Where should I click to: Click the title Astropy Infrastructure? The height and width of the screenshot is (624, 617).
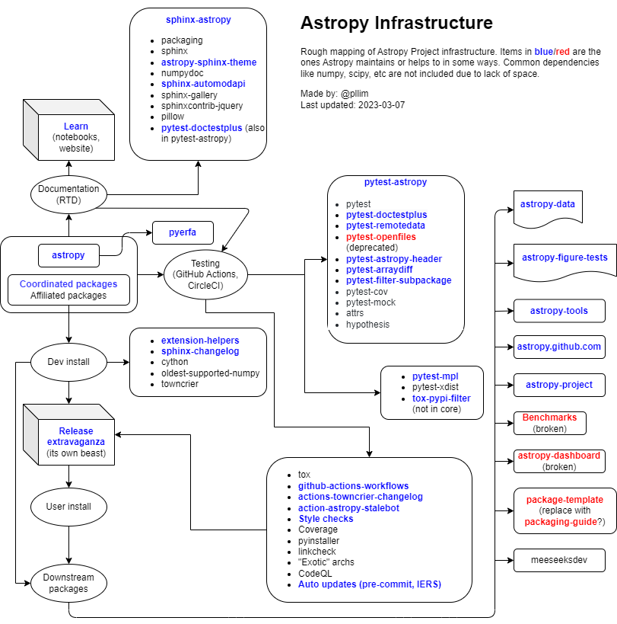click(x=396, y=23)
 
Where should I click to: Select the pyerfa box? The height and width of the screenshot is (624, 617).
click(x=183, y=232)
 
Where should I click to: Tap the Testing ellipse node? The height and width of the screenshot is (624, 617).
click(x=205, y=274)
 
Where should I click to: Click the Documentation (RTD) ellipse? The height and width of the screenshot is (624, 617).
click(x=68, y=194)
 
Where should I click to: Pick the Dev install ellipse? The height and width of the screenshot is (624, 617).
click(x=68, y=362)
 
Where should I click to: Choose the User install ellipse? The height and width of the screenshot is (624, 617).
click(x=68, y=506)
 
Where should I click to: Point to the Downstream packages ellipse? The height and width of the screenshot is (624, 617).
click(x=68, y=583)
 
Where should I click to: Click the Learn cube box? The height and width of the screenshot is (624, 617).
click(x=75, y=137)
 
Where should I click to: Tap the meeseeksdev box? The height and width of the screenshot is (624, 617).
click(x=559, y=560)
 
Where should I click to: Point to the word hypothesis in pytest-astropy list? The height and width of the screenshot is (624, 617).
click(x=367, y=325)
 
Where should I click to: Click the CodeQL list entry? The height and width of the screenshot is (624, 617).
click(x=314, y=573)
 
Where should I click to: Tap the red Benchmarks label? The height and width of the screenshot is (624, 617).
click(x=549, y=418)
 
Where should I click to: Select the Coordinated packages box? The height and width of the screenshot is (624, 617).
click(x=68, y=284)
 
